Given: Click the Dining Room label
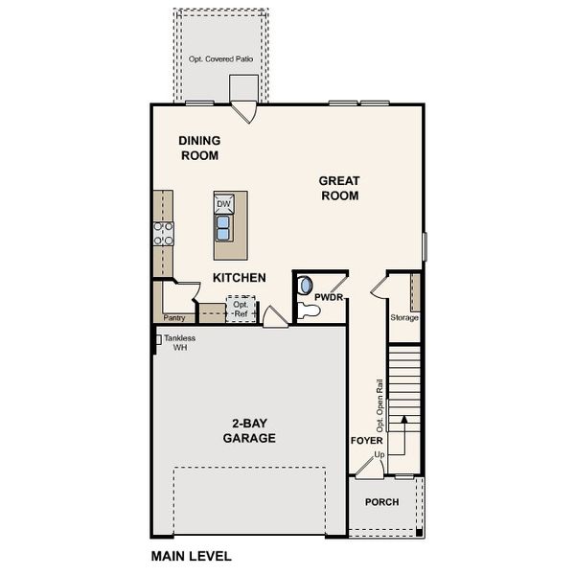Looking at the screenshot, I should (x=199, y=148).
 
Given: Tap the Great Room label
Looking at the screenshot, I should (x=339, y=188).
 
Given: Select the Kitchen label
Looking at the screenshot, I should (x=239, y=278).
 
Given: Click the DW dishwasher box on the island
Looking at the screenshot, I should (x=223, y=204).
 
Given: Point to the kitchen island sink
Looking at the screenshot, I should (x=223, y=227).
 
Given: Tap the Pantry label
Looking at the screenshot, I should (x=173, y=317).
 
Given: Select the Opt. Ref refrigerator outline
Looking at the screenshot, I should (x=241, y=310).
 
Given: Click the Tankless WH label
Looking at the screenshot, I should (x=179, y=343).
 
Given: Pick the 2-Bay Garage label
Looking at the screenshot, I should (x=249, y=430).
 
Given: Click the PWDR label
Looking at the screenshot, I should (x=329, y=297).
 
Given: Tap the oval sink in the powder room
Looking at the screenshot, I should (x=305, y=286).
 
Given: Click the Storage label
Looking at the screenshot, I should (x=404, y=317).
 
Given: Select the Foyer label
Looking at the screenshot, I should (x=366, y=440).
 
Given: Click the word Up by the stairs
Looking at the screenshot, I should (x=379, y=453).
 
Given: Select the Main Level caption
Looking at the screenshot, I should (x=192, y=556).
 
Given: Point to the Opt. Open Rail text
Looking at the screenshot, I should (x=379, y=402).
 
